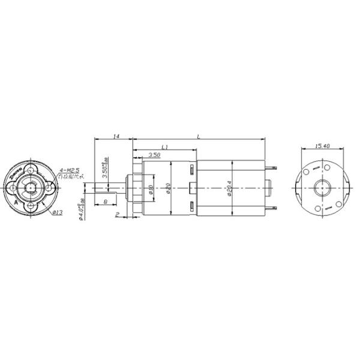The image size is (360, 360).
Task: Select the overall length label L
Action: tap(199, 136)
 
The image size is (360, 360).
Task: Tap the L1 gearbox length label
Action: tap(165, 146)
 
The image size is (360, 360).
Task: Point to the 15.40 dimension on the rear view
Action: tap(323, 146)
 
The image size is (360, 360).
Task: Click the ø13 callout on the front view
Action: tap(58, 212)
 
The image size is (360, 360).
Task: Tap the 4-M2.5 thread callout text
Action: tap(70, 171)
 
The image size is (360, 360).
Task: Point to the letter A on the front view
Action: tap(16, 203)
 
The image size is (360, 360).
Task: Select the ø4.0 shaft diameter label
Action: tap(82, 211)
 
